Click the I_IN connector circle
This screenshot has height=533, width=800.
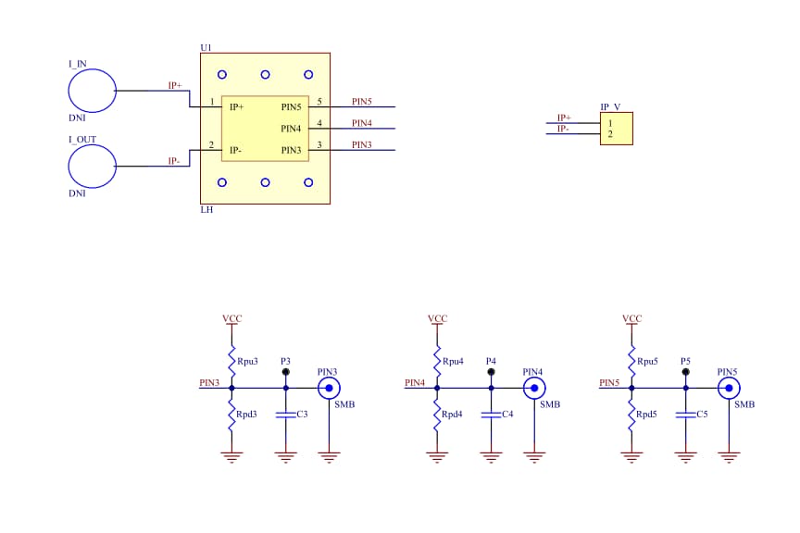(93, 91)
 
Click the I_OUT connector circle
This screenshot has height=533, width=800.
(93, 167)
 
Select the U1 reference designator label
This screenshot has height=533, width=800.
(206, 47)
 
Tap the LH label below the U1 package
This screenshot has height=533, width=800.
(206, 210)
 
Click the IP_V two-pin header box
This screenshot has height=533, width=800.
(617, 129)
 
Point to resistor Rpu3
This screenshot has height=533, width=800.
(231, 359)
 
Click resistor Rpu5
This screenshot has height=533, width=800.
(631, 359)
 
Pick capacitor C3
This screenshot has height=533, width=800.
(286, 415)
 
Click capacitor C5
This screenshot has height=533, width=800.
(685, 415)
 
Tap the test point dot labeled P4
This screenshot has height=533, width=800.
(492, 371)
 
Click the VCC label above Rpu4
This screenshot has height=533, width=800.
(437, 318)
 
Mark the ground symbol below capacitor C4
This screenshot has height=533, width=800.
(492, 456)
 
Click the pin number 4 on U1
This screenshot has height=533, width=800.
(319, 123)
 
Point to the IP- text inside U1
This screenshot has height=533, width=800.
(237, 150)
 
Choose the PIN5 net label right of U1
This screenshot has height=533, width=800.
(362, 102)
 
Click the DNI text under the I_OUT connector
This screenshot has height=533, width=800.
(77, 194)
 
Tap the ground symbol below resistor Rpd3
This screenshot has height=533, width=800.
(231, 456)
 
